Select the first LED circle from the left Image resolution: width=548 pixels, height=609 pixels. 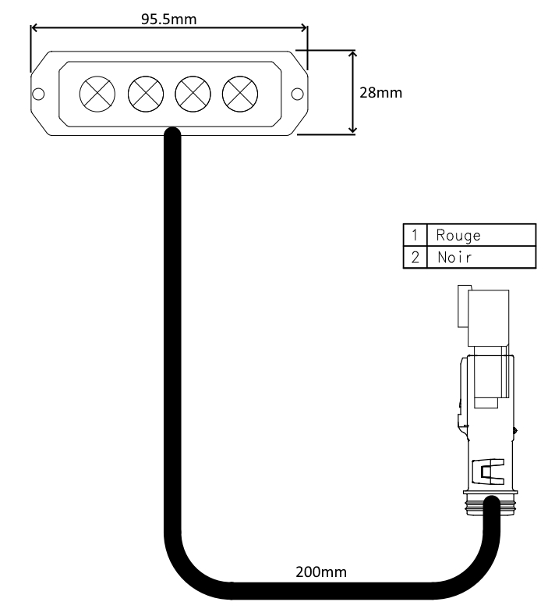97,94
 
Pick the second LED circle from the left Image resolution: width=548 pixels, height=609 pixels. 145,94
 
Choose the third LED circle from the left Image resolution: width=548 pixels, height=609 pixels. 192,94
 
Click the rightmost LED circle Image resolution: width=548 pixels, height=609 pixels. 239,94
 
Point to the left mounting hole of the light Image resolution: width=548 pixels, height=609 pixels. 37,94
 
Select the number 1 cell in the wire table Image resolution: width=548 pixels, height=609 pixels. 415,235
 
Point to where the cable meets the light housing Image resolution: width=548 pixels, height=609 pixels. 172,134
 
